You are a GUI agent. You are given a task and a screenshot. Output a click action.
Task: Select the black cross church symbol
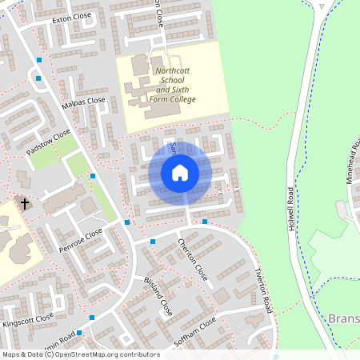click(25, 204)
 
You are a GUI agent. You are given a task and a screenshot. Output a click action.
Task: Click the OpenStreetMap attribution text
click(80, 354)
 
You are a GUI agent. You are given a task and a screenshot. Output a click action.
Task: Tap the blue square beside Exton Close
click(39, 59)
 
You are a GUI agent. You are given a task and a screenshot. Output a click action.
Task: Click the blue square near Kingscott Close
click(93, 318)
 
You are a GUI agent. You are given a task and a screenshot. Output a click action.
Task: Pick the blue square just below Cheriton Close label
click(153, 240)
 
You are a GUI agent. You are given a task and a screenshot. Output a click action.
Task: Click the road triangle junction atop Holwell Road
click(321, 10)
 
